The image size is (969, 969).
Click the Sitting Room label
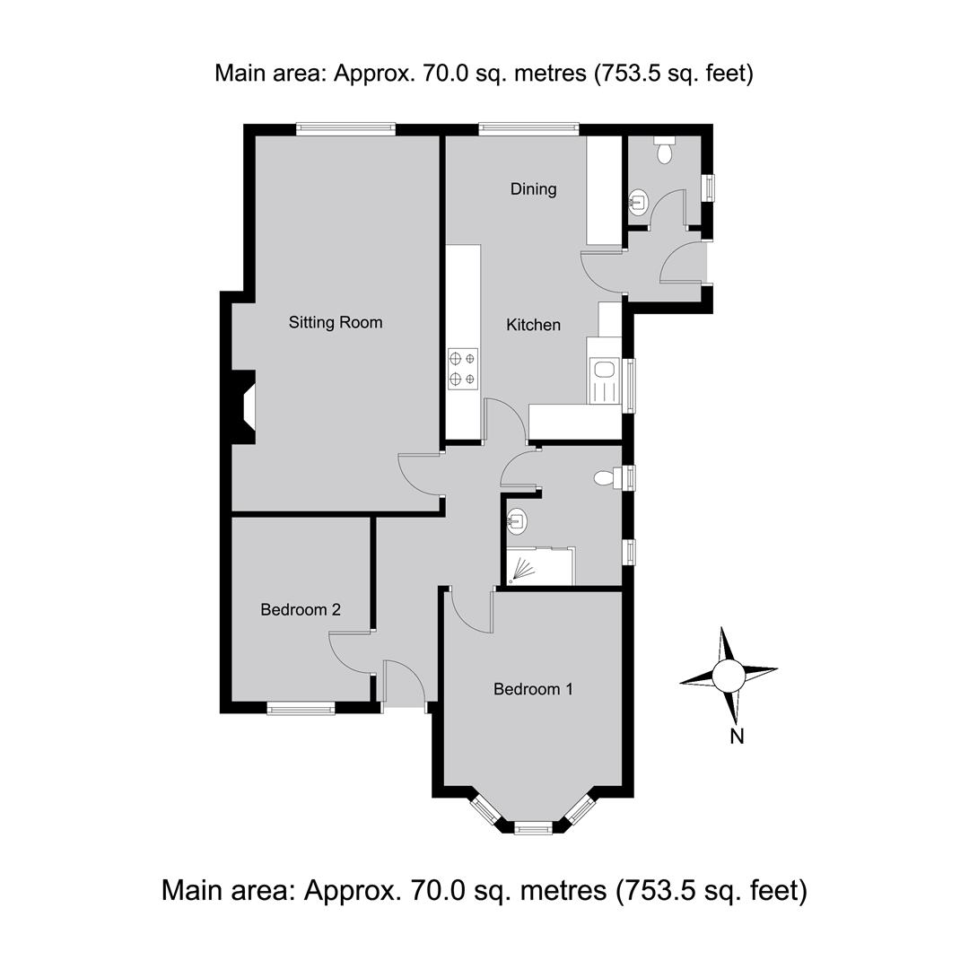point(336,323)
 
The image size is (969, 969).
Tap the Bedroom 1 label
point(533,689)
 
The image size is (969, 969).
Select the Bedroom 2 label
point(301,610)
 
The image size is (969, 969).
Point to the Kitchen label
point(533,325)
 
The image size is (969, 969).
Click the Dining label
point(533,189)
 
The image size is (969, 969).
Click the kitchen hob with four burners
point(463,369)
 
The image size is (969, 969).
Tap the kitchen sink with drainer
point(605,380)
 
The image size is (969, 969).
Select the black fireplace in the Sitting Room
point(243,406)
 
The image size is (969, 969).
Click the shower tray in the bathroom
point(540,565)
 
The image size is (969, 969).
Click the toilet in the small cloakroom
point(664,150)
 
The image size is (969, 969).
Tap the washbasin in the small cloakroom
point(639,201)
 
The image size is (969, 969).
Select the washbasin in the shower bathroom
point(517,521)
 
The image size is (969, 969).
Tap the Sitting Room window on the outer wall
point(345,128)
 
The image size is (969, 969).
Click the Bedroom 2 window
point(301,708)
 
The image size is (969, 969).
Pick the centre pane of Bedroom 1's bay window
point(533,827)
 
